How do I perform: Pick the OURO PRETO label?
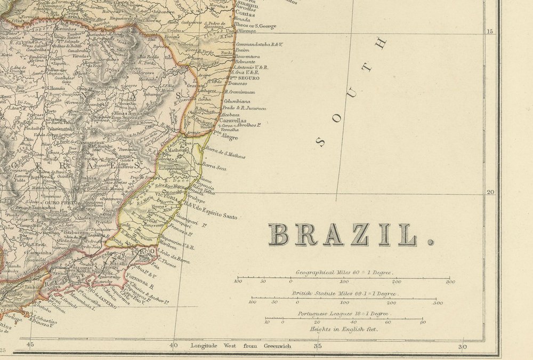tap(60, 203)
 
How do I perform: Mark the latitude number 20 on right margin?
tap(491, 193)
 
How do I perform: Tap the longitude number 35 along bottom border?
tap(318, 346)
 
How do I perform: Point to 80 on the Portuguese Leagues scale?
tap(422, 322)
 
